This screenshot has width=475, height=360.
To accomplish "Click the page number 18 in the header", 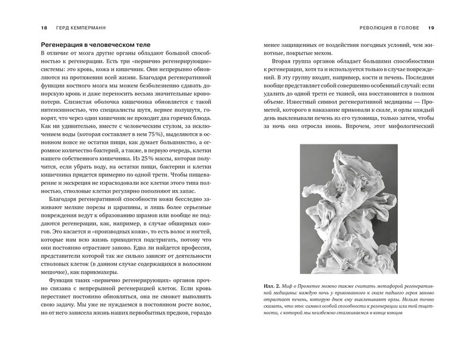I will pos(27,27).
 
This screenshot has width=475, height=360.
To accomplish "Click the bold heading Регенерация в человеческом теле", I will pos(96,45).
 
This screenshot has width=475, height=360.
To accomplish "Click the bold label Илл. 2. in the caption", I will pos(273,302).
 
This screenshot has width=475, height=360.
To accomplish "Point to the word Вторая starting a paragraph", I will pos(284,62).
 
